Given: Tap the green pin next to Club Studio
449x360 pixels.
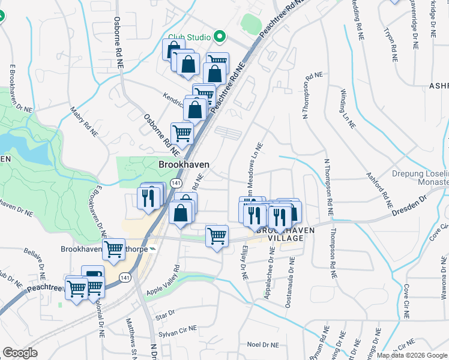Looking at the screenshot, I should (x=219, y=37).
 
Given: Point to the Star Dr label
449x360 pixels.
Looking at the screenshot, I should (x=164, y=314).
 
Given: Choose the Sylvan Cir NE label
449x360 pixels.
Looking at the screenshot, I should (x=178, y=331).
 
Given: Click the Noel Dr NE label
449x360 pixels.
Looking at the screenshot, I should (x=264, y=345).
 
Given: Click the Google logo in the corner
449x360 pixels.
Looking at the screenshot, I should (x=20, y=353).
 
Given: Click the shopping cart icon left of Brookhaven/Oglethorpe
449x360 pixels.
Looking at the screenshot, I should (x=113, y=250).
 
